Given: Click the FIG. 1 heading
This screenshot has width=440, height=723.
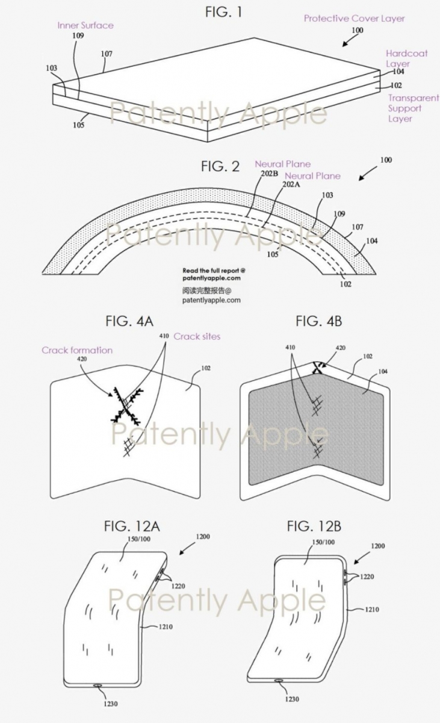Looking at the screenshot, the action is point(223,12).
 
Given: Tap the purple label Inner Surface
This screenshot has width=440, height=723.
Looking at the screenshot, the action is point(85,25).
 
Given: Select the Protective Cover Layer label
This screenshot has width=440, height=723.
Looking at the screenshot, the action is point(355,19).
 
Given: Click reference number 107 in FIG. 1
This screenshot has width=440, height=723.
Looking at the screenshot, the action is point(107,54).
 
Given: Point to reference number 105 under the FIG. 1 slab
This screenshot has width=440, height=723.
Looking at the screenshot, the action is point(79,125).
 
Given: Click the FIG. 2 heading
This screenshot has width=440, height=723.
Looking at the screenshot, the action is point(220,166).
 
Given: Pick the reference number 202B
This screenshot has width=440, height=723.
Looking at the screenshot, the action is point(269,174).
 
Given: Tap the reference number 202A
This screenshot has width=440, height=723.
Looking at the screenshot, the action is point(291,184).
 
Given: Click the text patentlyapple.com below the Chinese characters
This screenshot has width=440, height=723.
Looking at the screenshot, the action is point(211,300).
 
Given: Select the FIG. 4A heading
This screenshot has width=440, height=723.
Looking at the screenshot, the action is point(129,321).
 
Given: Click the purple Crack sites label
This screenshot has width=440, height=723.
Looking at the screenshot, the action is point(197,336).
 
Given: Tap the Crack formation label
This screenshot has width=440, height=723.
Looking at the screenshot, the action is point(77,350).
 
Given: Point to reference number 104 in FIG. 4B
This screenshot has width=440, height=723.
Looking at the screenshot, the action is point(383,372).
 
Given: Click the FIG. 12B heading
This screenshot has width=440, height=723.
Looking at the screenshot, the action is point(314,527).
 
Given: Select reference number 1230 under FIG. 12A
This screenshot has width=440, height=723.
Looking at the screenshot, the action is point(111,704).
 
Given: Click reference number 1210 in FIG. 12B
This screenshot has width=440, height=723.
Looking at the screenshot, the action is point(372,609).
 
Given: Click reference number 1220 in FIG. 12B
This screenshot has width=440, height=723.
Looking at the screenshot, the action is point(367,577).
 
